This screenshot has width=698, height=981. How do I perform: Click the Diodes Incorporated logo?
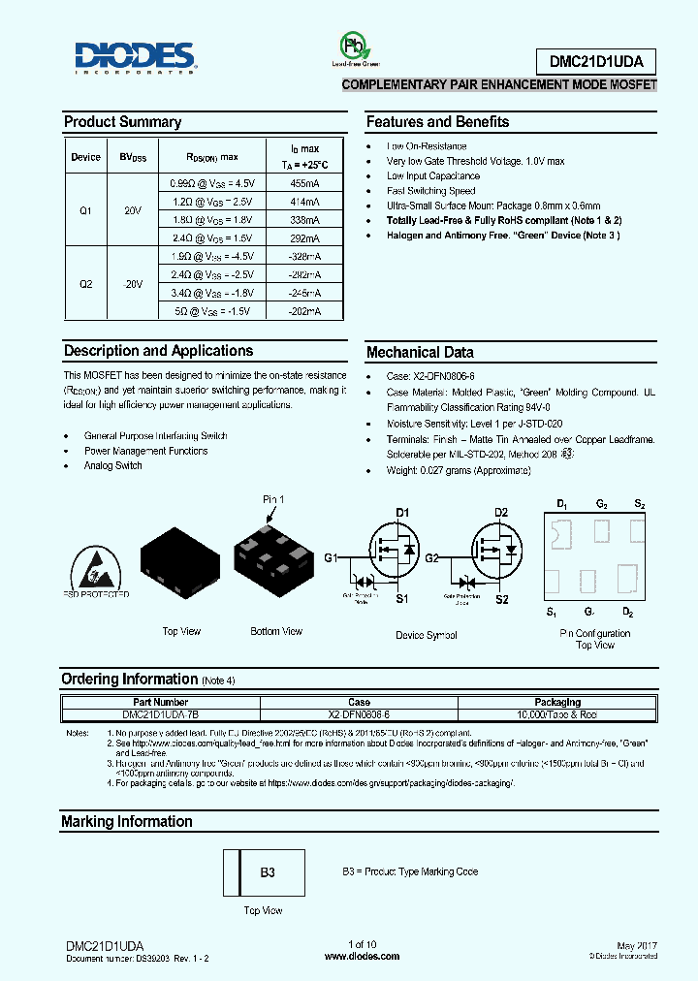pos(136,58)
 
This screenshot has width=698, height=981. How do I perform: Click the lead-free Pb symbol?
pos(354,47)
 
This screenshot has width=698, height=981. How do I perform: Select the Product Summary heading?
pos(122,122)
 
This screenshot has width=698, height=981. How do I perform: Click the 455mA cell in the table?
pos(305,182)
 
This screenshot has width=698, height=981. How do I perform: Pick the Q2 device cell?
pos(86,284)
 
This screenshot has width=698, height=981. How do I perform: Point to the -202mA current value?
pos(305,311)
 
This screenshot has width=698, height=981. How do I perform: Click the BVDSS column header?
pos(133,157)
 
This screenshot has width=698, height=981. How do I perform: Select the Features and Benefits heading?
pos(437,122)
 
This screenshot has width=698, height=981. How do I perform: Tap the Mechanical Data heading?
pos(420,353)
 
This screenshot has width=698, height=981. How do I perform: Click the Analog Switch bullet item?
pos(113,465)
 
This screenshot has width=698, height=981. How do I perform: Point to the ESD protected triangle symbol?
pos(96,567)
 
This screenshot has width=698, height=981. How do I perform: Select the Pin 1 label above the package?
pos(274,499)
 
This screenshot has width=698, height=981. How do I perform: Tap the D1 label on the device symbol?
pos(403,512)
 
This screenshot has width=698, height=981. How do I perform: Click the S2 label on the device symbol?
pos(501,600)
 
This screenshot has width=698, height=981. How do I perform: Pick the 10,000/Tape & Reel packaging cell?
pos(557,713)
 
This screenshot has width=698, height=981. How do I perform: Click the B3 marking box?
pos(269,872)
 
